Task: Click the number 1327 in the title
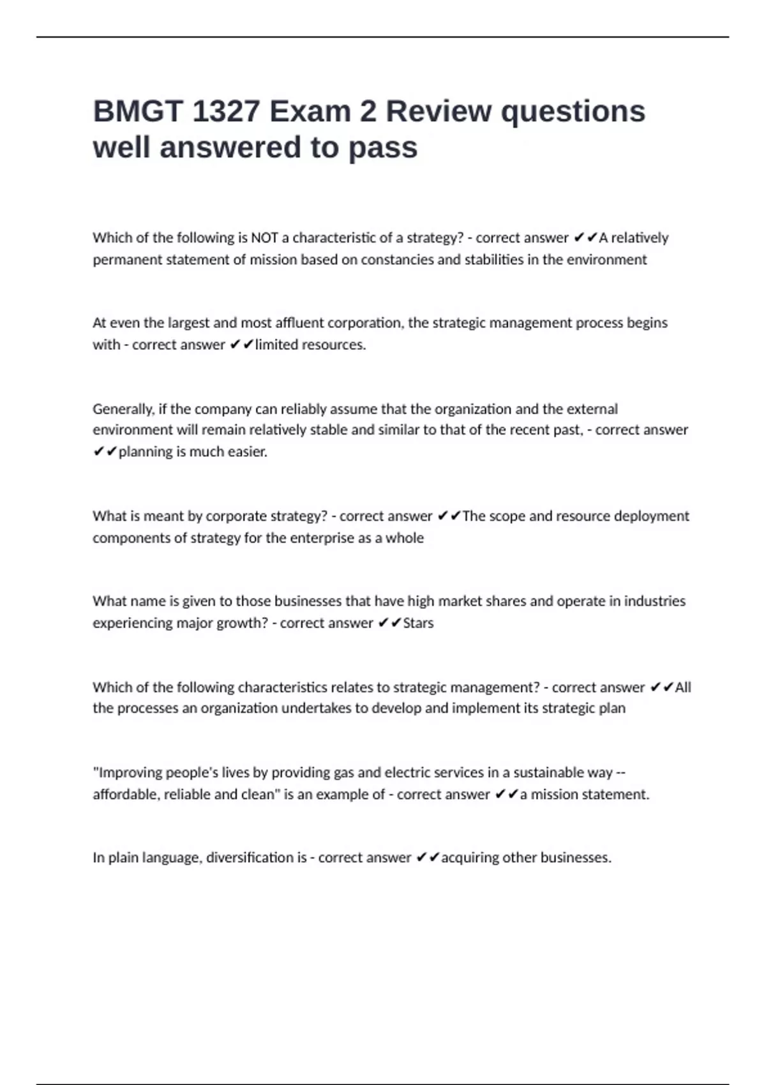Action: coord(225,112)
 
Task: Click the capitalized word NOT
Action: coord(264,238)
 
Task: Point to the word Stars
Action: coord(418,623)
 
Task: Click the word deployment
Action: coord(651,516)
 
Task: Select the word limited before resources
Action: coord(276,345)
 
